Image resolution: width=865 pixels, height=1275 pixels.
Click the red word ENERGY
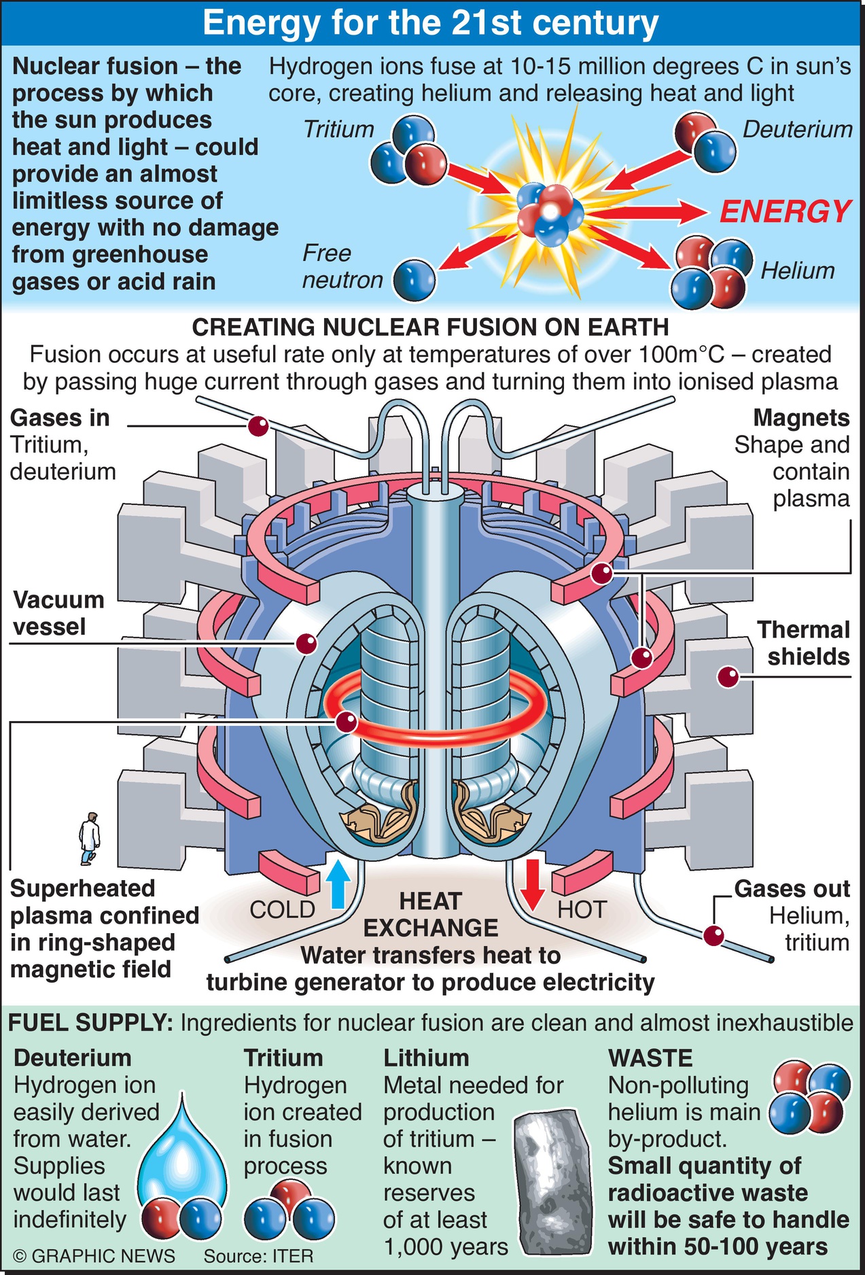click(x=785, y=212)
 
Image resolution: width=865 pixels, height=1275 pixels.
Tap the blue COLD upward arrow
click(x=338, y=884)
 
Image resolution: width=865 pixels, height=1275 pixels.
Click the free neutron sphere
click(x=414, y=279)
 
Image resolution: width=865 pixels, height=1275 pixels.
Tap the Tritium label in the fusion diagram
click(x=338, y=129)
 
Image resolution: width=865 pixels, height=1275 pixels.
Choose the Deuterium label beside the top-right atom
click(x=797, y=129)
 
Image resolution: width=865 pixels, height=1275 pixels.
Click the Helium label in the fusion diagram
click(x=797, y=270)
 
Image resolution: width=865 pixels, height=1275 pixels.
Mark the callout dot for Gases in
click(x=258, y=426)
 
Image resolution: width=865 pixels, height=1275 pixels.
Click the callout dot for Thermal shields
click(x=728, y=677)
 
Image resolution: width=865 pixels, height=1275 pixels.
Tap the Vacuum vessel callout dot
click(x=306, y=642)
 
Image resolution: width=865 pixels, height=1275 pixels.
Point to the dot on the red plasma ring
click(x=347, y=722)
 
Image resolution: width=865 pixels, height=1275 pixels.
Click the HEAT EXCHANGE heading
click(x=431, y=915)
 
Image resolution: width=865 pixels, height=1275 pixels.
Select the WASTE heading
click(x=650, y=1058)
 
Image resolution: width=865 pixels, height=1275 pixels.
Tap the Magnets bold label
click(x=801, y=418)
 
